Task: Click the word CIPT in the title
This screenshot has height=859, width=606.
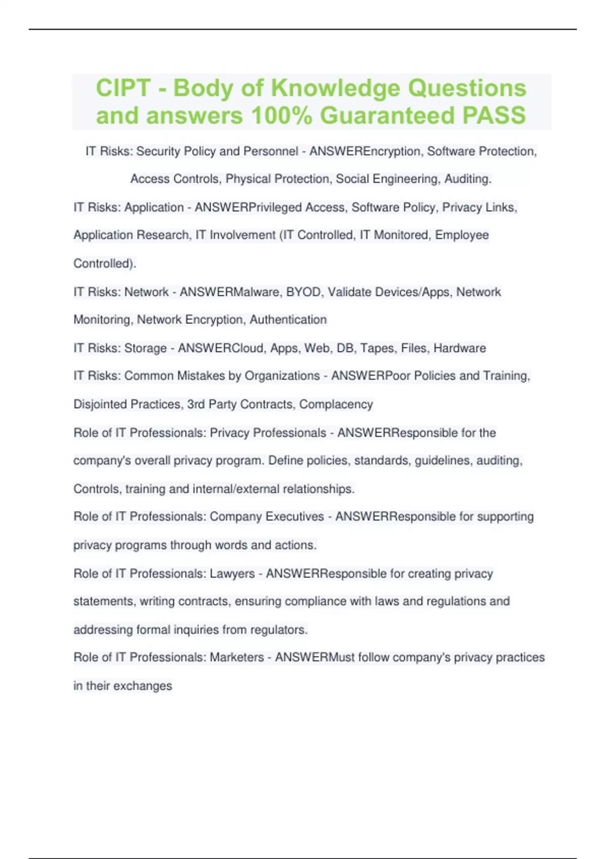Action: pyautogui.click(x=123, y=88)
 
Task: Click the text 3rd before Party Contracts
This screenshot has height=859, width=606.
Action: pyautogui.click(x=196, y=404)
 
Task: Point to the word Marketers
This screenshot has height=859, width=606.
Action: pyautogui.click(x=237, y=657)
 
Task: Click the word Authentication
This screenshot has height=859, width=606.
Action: pyautogui.click(x=288, y=320)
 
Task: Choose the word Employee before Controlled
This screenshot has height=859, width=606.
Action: pyautogui.click(x=462, y=235)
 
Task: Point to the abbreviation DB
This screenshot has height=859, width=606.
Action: pyautogui.click(x=345, y=348)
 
